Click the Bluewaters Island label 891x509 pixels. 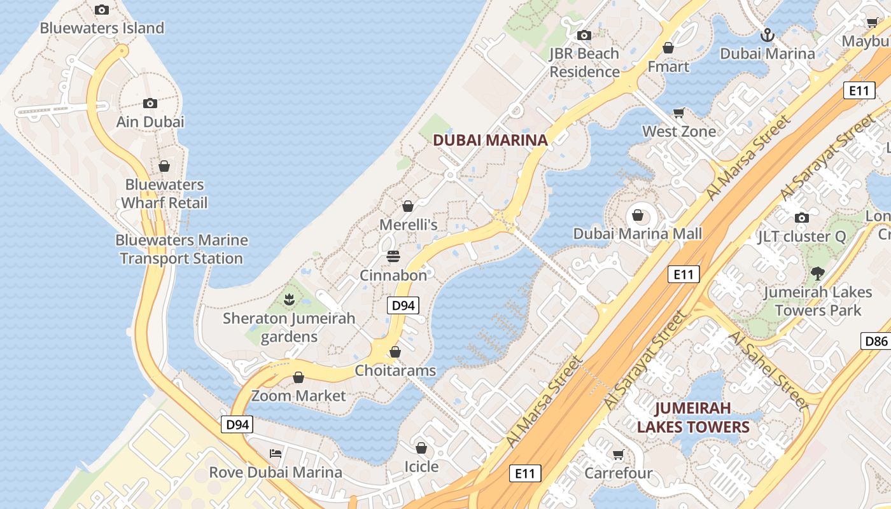click(x=102, y=28)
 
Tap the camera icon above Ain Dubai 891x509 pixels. click(x=150, y=103)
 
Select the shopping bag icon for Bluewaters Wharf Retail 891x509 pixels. click(x=164, y=166)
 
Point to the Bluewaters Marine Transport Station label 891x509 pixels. click(x=181, y=249)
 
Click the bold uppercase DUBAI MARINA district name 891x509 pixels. click(x=490, y=141)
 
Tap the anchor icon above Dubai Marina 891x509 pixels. click(x=768, y=35)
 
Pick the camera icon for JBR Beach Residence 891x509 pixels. click(x=584, y=36)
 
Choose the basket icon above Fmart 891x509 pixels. click(x=668, y=48)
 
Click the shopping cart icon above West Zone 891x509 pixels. click(x=679, y=113)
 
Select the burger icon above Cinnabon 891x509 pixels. click(x=393, y=256)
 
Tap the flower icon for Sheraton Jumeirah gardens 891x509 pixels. click(x=289, y=298)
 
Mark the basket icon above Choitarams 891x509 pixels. click(x=395, y=352)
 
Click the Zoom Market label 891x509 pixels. click(x=298, y=396)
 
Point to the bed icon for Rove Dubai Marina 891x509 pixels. click(x=276, y=454)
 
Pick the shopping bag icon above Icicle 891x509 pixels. click(x=421, y=448)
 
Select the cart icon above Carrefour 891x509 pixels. click(x=618, y=454)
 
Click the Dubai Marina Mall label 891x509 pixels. click(x=638, y=234)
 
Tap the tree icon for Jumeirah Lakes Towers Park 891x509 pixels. click(x=818, y=274)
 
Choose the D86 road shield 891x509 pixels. click(x=876, y=341)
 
